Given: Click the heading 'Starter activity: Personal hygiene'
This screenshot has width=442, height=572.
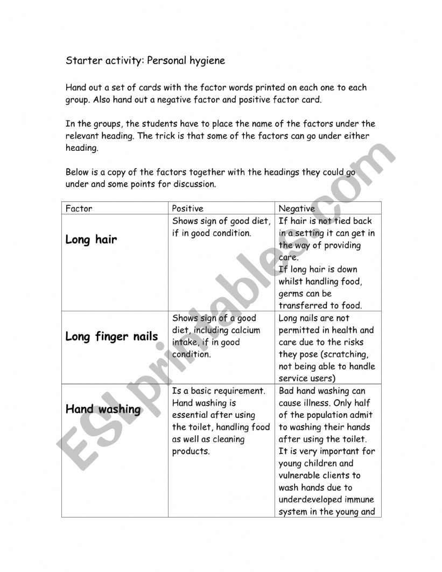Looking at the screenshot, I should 145,61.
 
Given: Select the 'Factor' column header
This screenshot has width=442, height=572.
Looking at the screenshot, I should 79,208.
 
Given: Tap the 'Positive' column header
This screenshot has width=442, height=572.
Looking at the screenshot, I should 187,208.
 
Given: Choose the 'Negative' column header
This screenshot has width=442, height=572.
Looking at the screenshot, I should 296,208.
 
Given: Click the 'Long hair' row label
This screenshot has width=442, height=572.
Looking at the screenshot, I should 91,240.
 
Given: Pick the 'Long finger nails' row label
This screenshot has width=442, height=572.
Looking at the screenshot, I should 111,337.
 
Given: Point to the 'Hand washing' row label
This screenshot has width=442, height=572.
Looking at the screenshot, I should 103,409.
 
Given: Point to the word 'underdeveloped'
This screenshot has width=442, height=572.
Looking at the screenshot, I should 312,500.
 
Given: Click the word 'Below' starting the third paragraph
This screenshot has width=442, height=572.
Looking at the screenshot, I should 78,172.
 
